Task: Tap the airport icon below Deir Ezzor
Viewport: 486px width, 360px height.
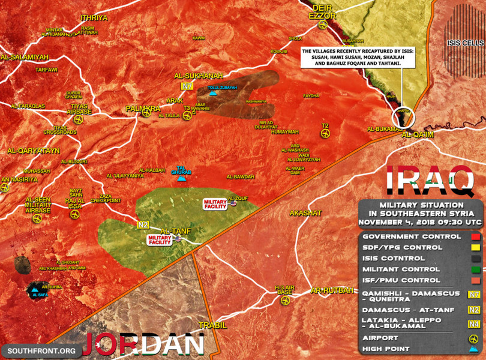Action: click(323, 25)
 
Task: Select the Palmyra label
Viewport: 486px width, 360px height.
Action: click(143, 109)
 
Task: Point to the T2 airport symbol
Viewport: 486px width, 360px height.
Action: click(325, 133)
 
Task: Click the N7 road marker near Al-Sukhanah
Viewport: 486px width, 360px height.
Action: click(188, 86)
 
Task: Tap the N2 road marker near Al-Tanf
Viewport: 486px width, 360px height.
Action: click(143, 225)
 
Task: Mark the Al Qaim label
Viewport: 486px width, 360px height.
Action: click(417, 134)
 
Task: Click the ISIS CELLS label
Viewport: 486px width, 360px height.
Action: click(464, 43)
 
